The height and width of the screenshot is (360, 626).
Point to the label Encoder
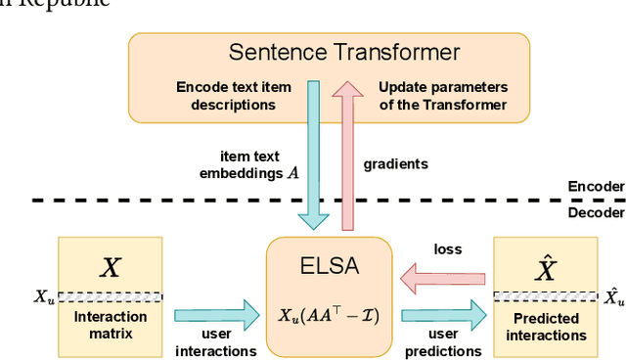[x=595, y=186]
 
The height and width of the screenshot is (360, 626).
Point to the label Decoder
[x=595, y=212]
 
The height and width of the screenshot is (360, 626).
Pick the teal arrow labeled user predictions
[x=442, y=314]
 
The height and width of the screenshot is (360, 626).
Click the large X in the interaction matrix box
[x=111, y=266]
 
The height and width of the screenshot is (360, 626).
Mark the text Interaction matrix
[x=111, y=326]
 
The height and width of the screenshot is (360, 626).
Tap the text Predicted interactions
[x=544, y=327]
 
